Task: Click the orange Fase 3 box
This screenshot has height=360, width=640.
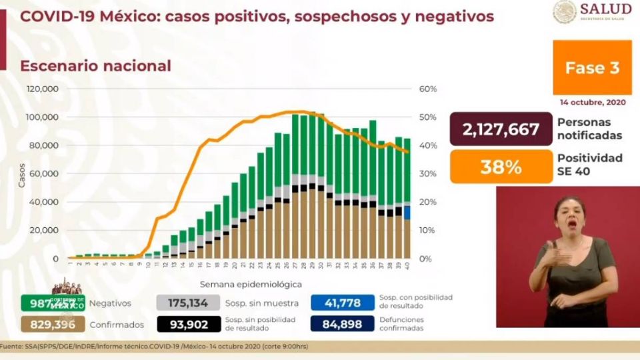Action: [x=592, y=67]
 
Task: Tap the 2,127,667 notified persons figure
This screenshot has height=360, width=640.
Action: [x=501, y=129]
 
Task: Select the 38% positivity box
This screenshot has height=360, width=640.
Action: [x=501, y=167]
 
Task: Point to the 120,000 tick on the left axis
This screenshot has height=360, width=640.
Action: [x=43, y=89]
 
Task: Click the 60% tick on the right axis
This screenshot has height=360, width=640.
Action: [x=427, y=89]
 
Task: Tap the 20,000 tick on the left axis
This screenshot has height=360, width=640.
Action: [x=45, y=230]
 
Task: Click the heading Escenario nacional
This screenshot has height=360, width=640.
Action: [x=95, y=66]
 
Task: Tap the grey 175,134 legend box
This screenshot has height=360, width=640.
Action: [x=189, y=303]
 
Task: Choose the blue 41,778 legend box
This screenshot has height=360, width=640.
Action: [x=343, y=303]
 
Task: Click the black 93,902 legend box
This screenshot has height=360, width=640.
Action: [x=189, y=325]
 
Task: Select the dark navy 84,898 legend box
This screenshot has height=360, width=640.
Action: [x=343, y=325]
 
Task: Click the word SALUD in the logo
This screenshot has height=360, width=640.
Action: [x=605, y=9]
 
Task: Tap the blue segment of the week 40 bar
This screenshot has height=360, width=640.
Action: [x=407, y=213]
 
